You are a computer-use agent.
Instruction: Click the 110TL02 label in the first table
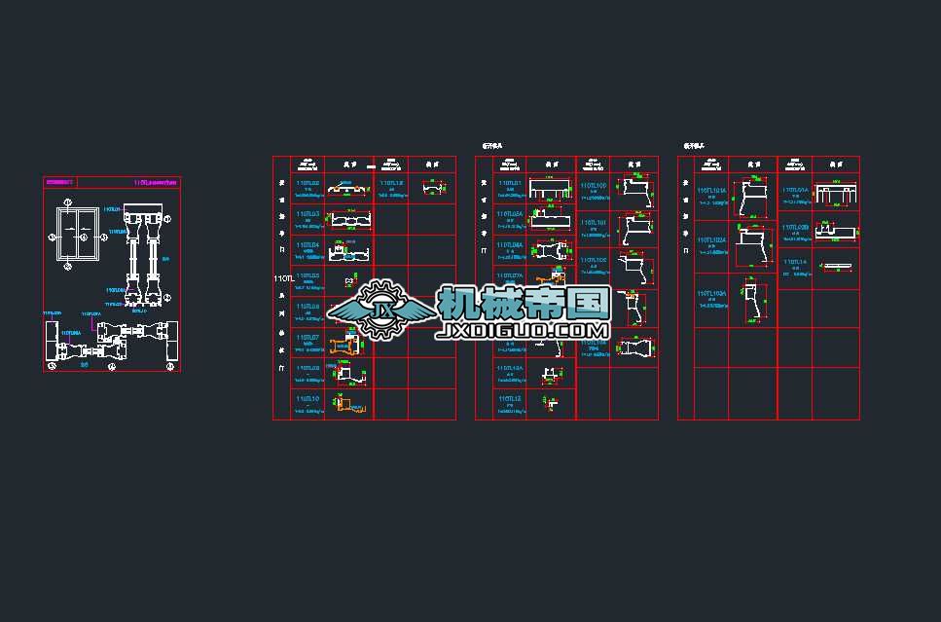coord(308,183)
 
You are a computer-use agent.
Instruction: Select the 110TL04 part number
coord(308,245)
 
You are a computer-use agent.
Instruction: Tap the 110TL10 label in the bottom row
coord(308,398)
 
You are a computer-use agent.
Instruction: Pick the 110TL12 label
coord(510,398)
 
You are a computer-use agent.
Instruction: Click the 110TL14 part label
coord(795,262)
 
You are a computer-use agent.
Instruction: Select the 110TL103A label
coord(712,293)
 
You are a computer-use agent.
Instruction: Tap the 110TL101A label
coord(712,191)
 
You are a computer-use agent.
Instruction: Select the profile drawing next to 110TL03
coord(348,220)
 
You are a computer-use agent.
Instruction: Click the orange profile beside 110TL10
coord(345,403)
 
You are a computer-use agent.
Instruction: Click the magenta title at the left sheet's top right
coord(156,182)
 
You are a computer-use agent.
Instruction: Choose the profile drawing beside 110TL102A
coord(752,247)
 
